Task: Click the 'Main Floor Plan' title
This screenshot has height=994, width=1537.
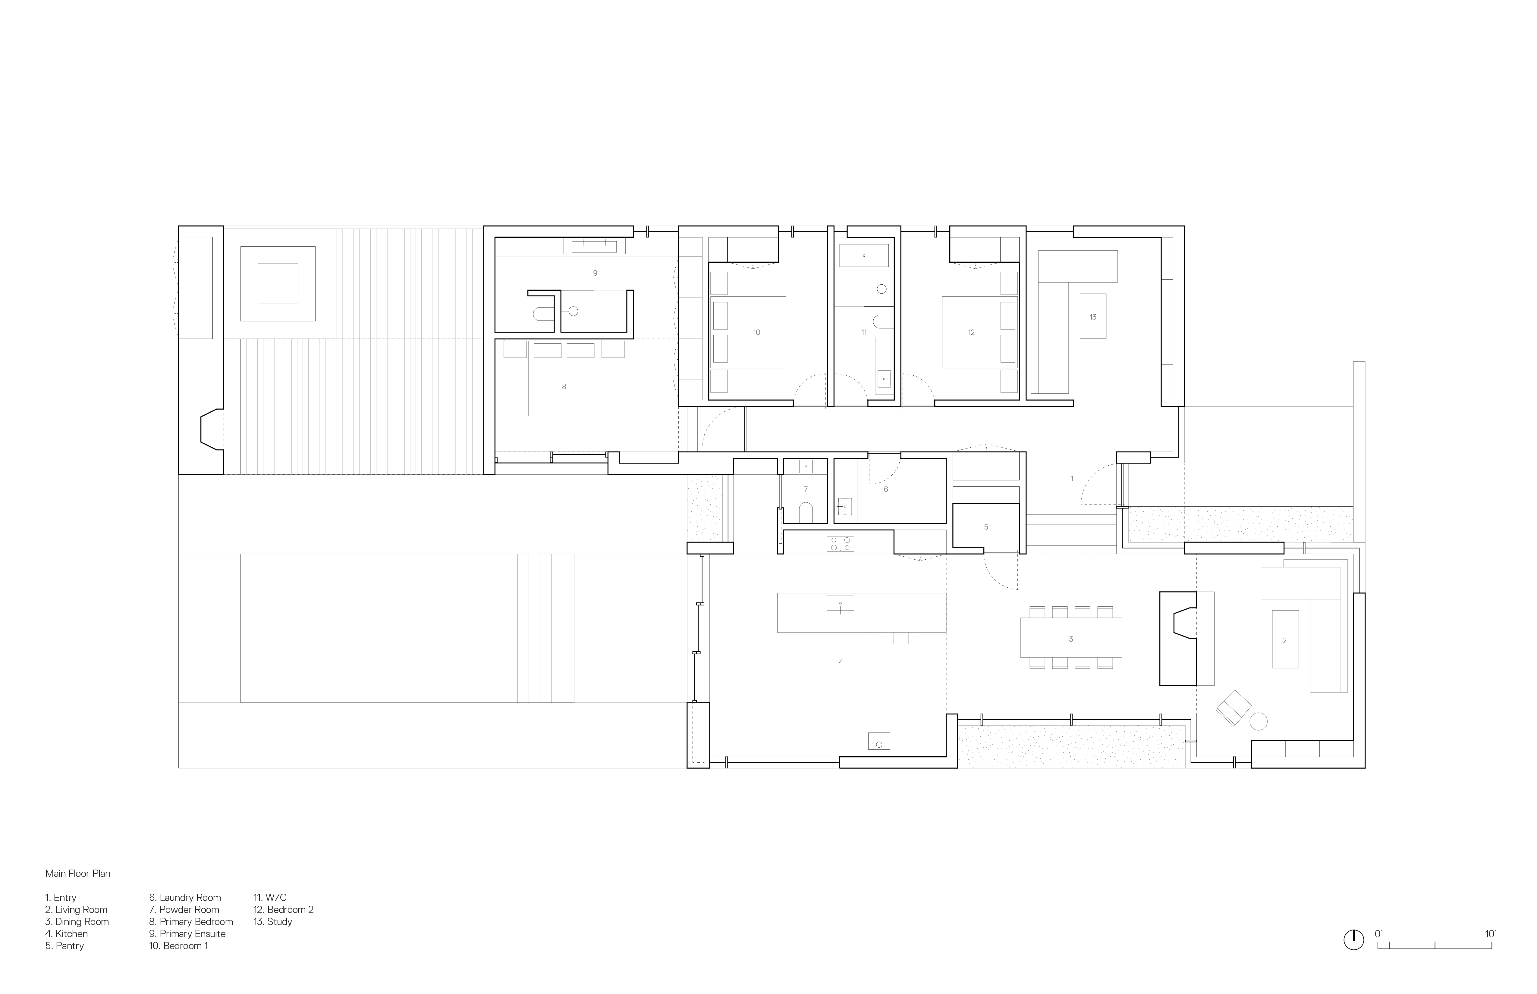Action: [77, 873]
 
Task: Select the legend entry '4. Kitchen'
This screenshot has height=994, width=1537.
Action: [67, 933]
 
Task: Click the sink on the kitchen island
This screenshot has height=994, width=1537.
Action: [840, 604]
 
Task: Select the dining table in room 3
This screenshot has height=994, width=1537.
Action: [1071, 638]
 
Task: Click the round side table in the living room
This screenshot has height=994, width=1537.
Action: [1259, 721]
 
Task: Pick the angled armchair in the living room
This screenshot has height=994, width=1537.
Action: [1234, 708]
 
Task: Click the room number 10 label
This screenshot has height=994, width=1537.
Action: [756, 333]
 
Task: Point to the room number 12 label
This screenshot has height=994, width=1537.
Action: [971, 333]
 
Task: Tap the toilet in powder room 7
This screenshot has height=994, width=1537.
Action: [805, 513]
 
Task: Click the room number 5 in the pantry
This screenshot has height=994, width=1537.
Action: [986, 527]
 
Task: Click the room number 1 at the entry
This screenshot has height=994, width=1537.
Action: [1072, 478]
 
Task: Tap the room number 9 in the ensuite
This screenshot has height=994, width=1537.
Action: [595, 273]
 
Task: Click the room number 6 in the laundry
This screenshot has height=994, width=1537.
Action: [885, 489]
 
